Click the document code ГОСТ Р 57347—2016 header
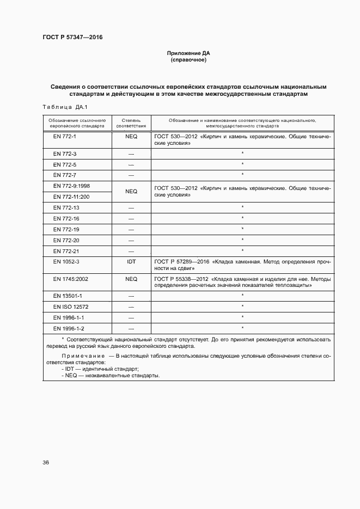[72, 38]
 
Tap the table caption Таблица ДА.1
[64, 107]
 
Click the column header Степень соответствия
[131, 122]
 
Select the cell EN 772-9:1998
[71, 186]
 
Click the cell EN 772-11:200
[71, 197]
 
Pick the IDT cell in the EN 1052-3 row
[131, 262]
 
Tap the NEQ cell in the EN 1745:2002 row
[131, 279]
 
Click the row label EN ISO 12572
[71, 306]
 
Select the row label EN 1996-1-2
[69, 328]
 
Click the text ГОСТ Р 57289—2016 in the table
[182, 262]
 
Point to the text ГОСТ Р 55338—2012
[182, 279]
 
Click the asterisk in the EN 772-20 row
[242, 240]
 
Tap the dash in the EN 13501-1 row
[131, 296]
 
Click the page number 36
[46, 463]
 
